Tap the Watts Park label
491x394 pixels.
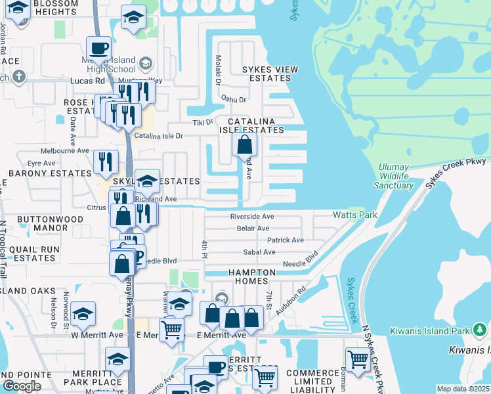[354, 215]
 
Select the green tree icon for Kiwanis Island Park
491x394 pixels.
[480, 328]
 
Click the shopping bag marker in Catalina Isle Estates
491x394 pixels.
[245, 145]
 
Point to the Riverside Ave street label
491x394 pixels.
[251, 217]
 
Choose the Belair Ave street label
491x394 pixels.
[253, 229]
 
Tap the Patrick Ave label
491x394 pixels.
[285, 240]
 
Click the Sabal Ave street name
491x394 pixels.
[259, 252]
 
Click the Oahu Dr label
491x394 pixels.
[232, 100]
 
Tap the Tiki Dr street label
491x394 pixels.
[202, 122]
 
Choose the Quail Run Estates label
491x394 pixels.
[33, 253]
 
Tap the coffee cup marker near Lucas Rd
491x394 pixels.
[98, 48]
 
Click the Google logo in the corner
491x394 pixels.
[22, 386]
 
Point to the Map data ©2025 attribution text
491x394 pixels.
[463, 389]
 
